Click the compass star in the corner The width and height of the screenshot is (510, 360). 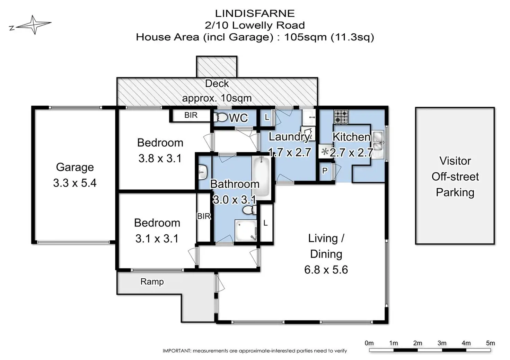click(x=34, y=25)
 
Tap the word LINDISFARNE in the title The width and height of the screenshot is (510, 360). click(x=255, y=13)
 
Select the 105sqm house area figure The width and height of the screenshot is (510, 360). click(x=305, y=37)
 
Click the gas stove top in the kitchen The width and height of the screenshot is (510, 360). click(x=341, y=117)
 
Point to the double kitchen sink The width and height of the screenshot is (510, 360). click(x=378, y=145)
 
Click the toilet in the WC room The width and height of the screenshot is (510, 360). click(x=221, y=118)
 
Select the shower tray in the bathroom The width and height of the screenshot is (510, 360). click(x=246, y=230)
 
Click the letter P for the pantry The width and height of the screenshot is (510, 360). click(x=325, y=171)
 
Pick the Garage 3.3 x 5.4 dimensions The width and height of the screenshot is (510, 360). click(x=75, y=183)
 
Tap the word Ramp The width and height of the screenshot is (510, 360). click(x=152, y=282)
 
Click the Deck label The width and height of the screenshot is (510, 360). click(x=217, y=83)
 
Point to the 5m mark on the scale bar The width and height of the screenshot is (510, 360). click(x=490, y=343)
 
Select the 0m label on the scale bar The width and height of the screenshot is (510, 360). click(x=369, y=343)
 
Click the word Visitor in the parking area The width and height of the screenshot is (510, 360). click(x=455, y=161)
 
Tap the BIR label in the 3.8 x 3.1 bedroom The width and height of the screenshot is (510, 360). click(x=191, y=115)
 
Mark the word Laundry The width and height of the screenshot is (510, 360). click(x=289, y=137)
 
